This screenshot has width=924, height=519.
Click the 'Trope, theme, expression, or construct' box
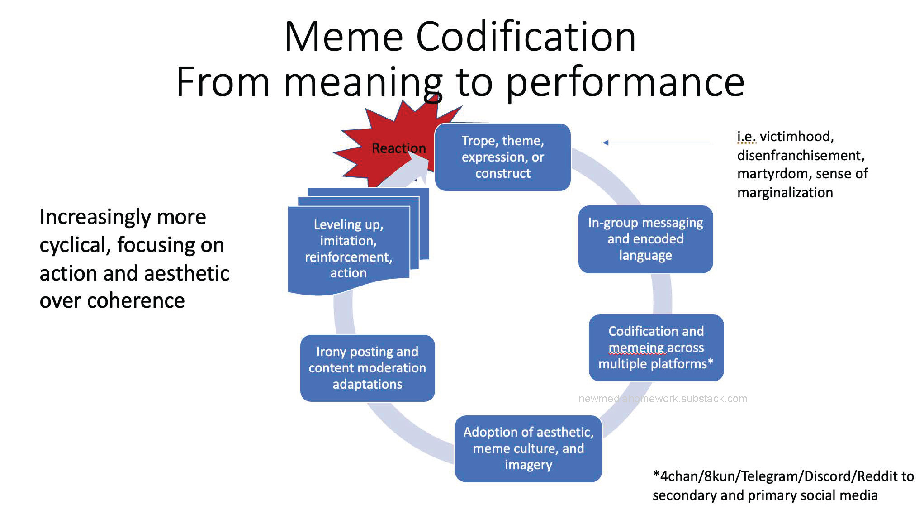coord(502,157)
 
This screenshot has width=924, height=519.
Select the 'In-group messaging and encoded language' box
coord(645,239)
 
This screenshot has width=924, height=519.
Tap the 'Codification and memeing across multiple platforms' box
coord(656,348)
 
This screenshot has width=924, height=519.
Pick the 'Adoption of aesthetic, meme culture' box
coord(528,448)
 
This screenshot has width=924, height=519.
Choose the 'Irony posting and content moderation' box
coord(367,368)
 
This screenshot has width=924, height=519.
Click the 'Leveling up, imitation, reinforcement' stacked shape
coord(348,248)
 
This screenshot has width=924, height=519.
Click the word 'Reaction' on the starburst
coord(398,148)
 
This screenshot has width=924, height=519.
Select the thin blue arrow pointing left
coord(656,143)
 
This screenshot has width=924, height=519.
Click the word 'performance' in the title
coord(625,82)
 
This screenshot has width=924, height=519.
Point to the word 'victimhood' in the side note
coord(796,136)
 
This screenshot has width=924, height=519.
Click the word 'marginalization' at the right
coord(785,193)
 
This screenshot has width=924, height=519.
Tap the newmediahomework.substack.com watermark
coord(663,399)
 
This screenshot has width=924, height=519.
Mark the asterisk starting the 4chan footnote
coord(656,475)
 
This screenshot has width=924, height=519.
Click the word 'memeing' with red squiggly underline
coord(636,348)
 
